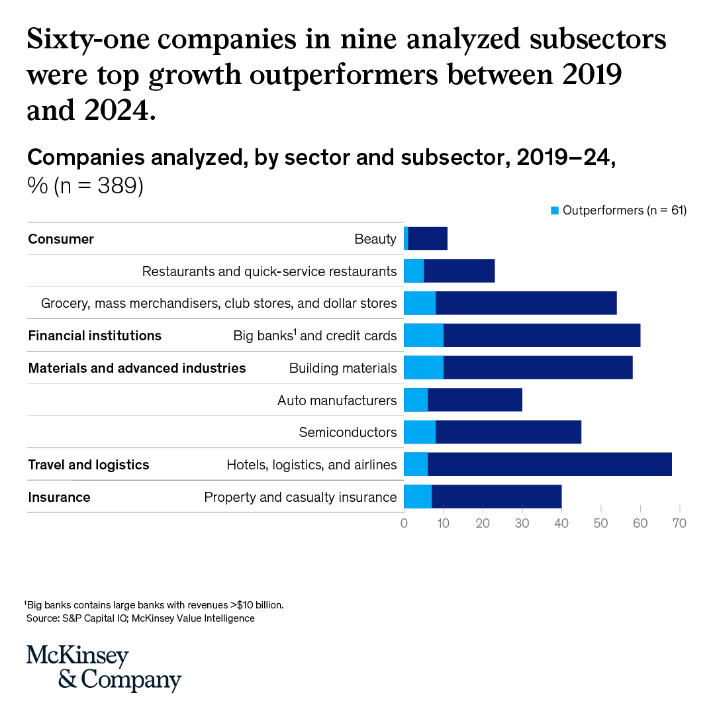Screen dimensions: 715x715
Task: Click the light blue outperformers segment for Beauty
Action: pyautogui.click(x=406, y=238)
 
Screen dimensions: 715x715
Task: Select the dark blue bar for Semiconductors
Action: pyautogui.click(x=508, y=432)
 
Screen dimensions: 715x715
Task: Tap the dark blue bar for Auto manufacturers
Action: pyautogui.click(x=475, y=400)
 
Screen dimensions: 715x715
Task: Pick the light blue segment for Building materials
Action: pyautogui.click(x=424, y=367)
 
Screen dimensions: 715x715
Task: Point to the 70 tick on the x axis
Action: pyautogui.click(x=679, y=508)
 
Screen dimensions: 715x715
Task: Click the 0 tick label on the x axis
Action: pyautogui.click(x=404, y=523)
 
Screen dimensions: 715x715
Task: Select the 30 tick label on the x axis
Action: pyautogui.click(x=522, y=523)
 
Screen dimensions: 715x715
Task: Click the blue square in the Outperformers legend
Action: pyautogui.click(x=555, y=211)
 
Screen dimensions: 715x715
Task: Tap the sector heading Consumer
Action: pyautogui.click(x=61, y=239)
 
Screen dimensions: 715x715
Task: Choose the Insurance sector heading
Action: pyautogui.click(x=60, y=497)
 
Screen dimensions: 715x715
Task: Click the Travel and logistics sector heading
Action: pyautogui.click(x=89, y=465)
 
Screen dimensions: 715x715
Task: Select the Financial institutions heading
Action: pyautogui.click(x=95, y=336)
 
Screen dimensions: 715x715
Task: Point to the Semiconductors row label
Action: pyautogui.click(x=348, y=432)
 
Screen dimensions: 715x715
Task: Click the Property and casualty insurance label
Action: pyautogui.click(x=301, y=497)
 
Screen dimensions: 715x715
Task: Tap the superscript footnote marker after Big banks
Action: pyautogui.click(x=295, y=332)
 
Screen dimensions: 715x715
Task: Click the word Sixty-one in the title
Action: pyautogui.click(x=88, y=39)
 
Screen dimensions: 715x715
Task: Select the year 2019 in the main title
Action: pyautogui.click(x=592, y=74)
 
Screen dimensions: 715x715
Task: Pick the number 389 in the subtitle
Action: pyautogui.click(x=117, y=185)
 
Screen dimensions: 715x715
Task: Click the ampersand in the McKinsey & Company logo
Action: pyautogui.click(x=68, y=679)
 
